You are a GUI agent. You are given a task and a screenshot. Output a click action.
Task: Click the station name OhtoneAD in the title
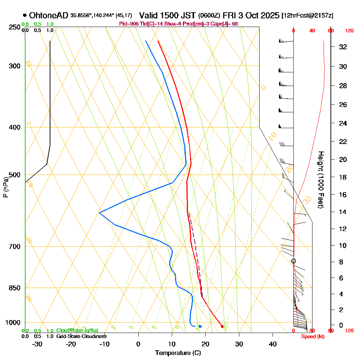pyautogui.click(x=48, y=15)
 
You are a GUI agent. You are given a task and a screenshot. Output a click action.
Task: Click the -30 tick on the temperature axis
pyautogui.click(x=37, y=344)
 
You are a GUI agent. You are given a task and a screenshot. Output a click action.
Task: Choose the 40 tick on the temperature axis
pyautogui.click(x=273, y=344)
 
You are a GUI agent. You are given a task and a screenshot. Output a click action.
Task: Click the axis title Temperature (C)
pyautogui.click(x=178, y=353)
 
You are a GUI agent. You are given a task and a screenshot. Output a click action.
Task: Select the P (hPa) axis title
pyautogui.click(x=5, y=187)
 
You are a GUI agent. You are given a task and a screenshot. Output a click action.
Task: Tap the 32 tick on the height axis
pyautogui.click(x=343, y=47)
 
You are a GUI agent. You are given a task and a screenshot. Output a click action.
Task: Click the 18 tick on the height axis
pyautogui.click(x=343, y=177)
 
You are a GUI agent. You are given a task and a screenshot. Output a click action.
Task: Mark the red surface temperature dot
pyautogui.click(x=222, y=327)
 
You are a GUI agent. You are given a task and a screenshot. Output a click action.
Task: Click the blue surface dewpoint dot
pyautogui.click(x=200, y=327)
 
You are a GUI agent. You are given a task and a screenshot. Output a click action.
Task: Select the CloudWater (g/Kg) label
pyautogui.click(x=77, y=330)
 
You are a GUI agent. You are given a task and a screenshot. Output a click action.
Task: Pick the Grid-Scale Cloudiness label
pyautogui.click(x=81, y=336)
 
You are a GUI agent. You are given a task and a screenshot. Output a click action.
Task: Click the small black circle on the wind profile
pyautogui.click(x=293, y=261)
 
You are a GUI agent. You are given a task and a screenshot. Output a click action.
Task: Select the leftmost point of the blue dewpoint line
pyautogui.click(x=99, y=213)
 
